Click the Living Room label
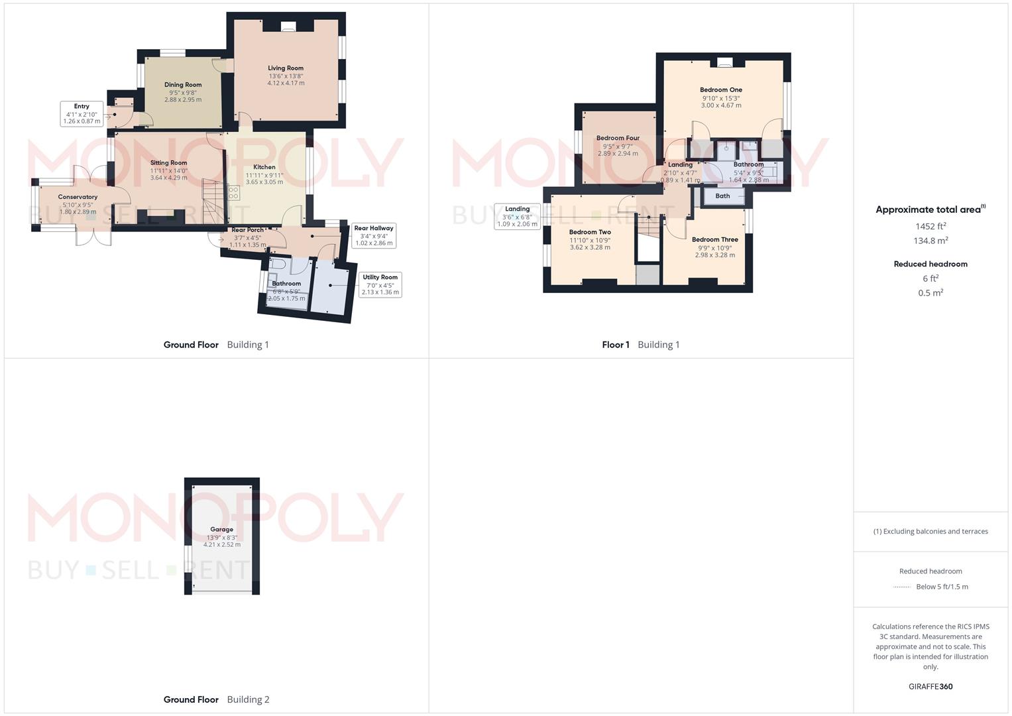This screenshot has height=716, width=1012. [286, 68]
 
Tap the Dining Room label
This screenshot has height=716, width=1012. [183, 85]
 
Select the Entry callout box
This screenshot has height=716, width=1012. [82, 113]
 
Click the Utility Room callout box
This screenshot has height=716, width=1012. [380, 284]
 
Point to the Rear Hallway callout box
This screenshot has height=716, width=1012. [373, 235]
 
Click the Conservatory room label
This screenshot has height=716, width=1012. [78, 197]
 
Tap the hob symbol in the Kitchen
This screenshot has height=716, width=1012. [233, 193]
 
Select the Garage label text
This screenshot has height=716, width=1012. [221, 530]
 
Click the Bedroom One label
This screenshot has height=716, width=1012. [721, 90]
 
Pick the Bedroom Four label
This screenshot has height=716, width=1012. [618, 139]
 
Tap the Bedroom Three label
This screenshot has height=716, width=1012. [714, 240]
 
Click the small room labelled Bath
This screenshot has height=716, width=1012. [722, 196]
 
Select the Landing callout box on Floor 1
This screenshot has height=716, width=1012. [517, 216]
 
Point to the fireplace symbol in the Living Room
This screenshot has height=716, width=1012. [288, 27]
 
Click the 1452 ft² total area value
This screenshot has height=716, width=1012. [930, 226]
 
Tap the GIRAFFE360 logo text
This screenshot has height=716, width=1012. [930, 686]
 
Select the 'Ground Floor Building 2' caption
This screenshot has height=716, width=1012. [216, 699]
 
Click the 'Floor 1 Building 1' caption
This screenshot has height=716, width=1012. [640, 345]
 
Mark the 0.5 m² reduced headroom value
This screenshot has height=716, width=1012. [930, 293]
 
